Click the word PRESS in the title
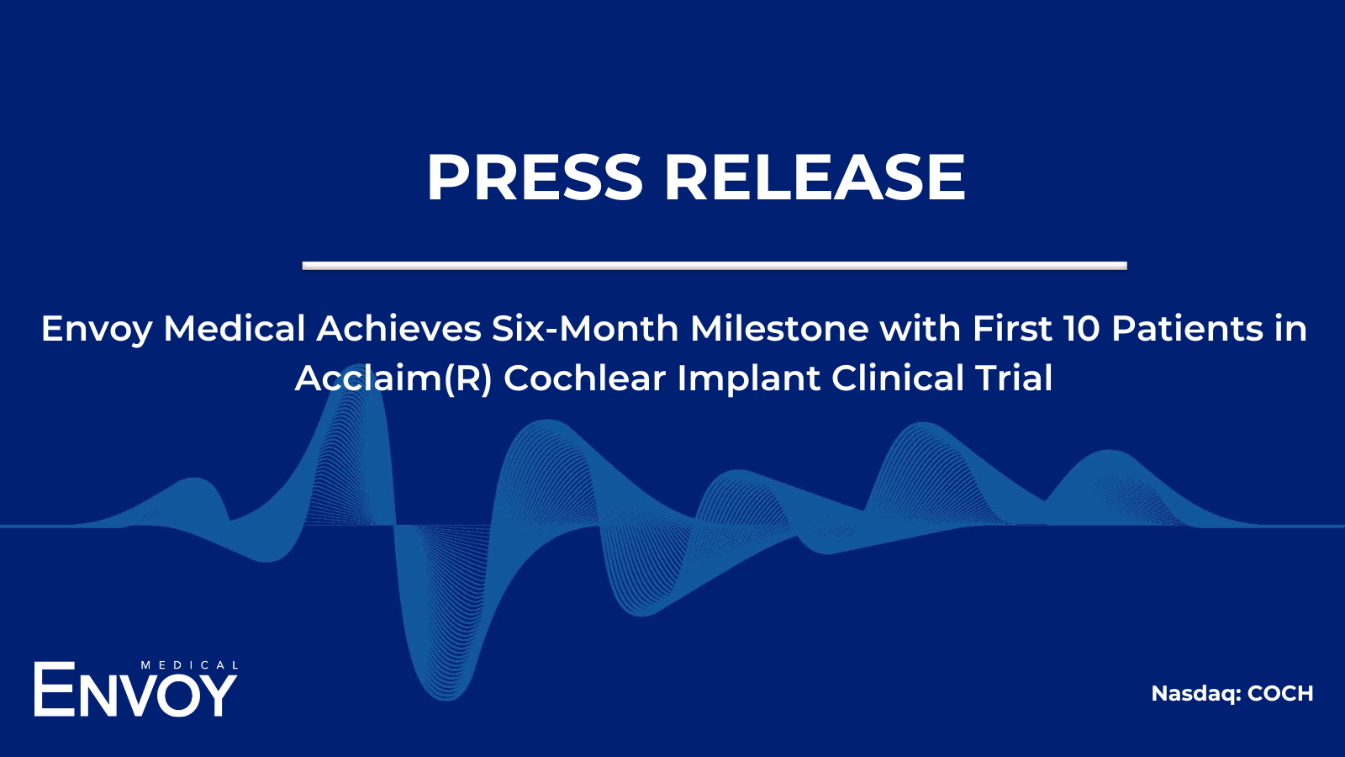[535, 177]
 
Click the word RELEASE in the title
[815, 177]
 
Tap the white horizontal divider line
[715, 266]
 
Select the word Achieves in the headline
[398, 329]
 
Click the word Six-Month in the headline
[585, 329]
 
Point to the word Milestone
[778, 329]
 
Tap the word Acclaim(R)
[393, 378]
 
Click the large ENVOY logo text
[135, 690]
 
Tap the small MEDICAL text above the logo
[189, 665]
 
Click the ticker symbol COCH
[1280, 694]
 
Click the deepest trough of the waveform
[446, 697]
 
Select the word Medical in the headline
[235, 329]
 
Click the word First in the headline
[1012, 329]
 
